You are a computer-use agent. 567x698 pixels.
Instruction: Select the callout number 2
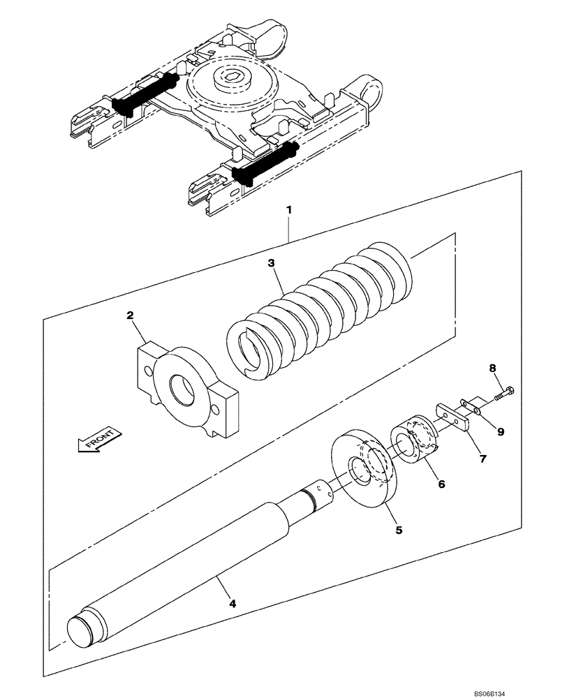[x=131, y=315]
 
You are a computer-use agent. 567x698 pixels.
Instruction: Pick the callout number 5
[x=399, y=530]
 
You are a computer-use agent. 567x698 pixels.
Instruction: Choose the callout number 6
[x=441, y=483]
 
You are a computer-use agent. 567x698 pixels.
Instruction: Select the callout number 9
[x=499, y=431]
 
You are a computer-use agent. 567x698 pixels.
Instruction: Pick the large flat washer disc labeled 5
[x=368, y=471]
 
